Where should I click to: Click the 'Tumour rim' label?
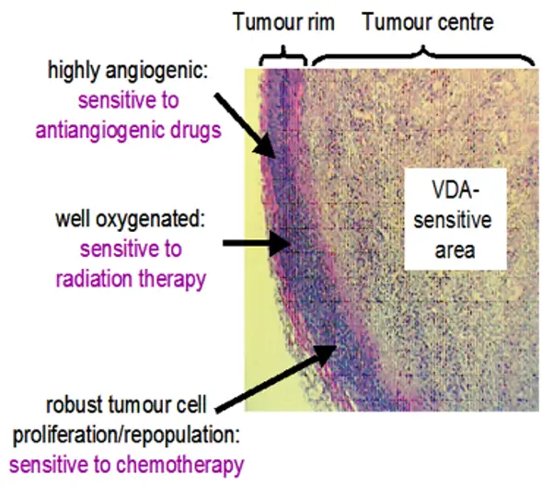click(283, 21)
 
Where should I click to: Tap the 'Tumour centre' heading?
click(428, 21)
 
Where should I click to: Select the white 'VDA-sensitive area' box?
click(456, 219)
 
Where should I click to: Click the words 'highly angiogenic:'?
click(128, 71)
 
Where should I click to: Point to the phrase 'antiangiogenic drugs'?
click(128, 131)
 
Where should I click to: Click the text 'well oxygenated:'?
click(130, 219)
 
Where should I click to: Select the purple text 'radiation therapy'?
click(131, 279)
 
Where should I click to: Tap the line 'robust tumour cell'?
click(126, 404)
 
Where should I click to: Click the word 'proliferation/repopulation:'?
click(126, 434)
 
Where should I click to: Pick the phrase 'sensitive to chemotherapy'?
click(127, 465)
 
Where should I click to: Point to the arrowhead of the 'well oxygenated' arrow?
click(280, 243)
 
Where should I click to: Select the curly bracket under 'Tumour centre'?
click(423, 55)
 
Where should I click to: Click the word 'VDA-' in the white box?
click(455, 191)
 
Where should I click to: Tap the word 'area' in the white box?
click(455, 250)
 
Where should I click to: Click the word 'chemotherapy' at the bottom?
click(180, 465)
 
